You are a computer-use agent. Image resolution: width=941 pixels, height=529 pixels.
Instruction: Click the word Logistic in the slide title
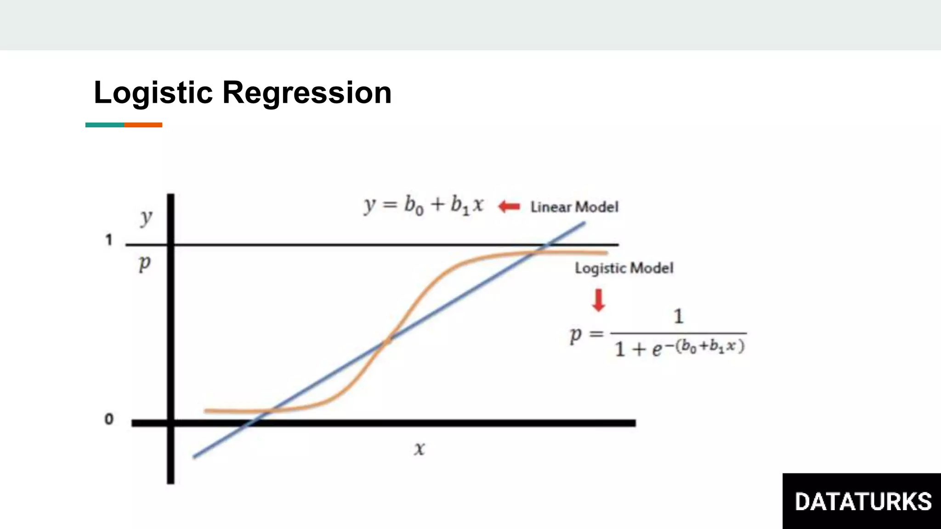[153, 93]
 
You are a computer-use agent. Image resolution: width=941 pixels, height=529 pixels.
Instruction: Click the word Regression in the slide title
[307, 93]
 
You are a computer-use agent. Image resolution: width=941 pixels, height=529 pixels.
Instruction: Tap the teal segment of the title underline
[105, 125]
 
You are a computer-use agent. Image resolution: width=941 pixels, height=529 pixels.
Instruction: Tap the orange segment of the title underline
[143, 125]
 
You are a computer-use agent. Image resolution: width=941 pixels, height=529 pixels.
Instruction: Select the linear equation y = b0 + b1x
[424, 205]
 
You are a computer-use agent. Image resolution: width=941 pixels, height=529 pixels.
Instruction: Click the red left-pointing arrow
[509, 207]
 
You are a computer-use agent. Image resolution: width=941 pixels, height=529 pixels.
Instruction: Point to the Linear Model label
[574, 207]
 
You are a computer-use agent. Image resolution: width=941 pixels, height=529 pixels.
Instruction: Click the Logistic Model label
[624, 268]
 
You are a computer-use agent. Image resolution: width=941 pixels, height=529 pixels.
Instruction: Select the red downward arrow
[598, 300]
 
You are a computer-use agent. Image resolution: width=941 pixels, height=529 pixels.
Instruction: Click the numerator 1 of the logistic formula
[678, 316]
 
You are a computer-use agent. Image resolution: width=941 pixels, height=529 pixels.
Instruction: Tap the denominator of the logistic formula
[680, 348]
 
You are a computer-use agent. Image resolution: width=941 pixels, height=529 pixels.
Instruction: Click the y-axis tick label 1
[109, 240]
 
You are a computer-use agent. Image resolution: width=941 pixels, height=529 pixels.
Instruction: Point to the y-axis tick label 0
[109, 419]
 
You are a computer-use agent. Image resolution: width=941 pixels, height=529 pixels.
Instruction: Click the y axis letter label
[146, 218]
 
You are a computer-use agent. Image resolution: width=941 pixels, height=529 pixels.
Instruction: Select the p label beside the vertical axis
[145, 264]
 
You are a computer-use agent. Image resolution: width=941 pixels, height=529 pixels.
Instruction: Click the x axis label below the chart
[419, 449]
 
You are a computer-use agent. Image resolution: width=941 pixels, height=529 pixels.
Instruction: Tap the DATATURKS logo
[862, 501]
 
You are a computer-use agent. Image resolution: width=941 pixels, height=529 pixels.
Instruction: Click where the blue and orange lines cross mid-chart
[387, 341]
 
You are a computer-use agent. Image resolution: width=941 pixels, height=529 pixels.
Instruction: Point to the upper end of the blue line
[584, 223]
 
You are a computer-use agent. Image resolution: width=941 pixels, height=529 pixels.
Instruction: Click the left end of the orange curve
[206, 411]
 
